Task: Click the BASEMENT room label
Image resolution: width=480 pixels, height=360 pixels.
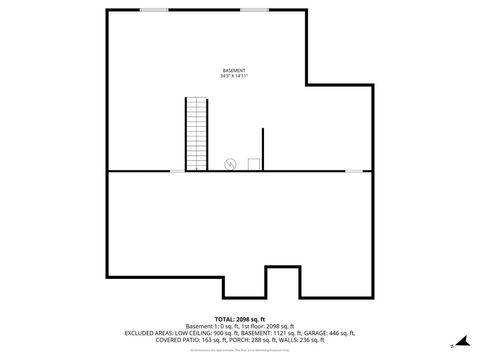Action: pos(233,70)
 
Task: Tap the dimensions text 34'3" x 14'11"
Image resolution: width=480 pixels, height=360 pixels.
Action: pos(233,76)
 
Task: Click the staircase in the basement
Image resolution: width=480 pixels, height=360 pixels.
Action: pos(196,134)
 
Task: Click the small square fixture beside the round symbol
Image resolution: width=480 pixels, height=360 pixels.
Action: pos(254,163)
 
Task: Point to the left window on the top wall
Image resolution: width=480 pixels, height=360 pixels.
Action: pos(153,10)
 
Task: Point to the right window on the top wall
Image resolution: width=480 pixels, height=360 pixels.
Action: pos(255,10)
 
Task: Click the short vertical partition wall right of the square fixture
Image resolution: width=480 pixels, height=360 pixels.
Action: pos(263,149)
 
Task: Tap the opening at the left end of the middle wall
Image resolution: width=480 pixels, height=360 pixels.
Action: pos(177,171)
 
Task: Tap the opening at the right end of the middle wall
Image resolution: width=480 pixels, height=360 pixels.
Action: pos(354,171)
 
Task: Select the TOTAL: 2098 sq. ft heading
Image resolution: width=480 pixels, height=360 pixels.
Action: pos(240,318)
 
